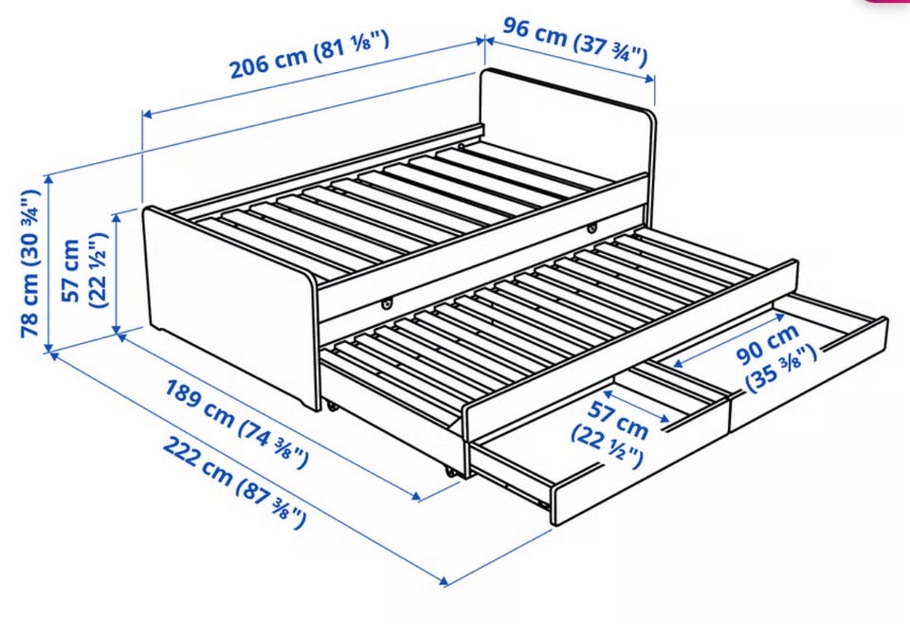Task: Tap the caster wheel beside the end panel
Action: pyautogui.click(x=333, y=407)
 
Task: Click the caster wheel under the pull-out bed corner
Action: pyautogui.click(x=451, y=472)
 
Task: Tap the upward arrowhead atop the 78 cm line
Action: pyautogui.click(x=48, y=179)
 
